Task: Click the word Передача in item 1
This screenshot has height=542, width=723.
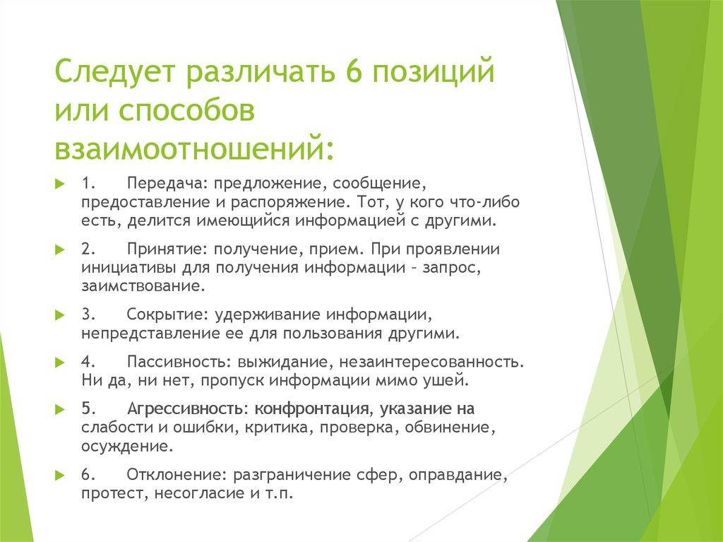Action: [x=164, y=184]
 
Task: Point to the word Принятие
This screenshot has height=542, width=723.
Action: [x=164, y=250]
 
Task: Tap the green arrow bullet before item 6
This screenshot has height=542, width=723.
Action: [x=61, y=474]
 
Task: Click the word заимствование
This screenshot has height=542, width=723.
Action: [x=134, y=287]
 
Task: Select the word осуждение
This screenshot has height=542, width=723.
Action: [x=125, y=447]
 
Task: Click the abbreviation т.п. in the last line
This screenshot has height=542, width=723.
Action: [x=279, y=493]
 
